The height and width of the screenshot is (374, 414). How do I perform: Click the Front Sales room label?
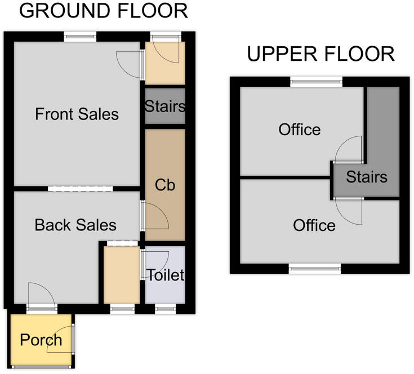[x=77, y=114]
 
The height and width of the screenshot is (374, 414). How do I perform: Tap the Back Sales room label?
[x=75, y=225]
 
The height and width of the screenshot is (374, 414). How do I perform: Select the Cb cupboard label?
[x=165, y=185]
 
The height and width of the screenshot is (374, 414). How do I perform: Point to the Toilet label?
[x=166, y=275]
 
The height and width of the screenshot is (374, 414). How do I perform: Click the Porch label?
[x=41, y=340]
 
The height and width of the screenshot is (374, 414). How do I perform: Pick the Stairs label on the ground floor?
[x=165, y=106]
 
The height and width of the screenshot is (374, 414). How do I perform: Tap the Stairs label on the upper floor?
[x=367, y=176]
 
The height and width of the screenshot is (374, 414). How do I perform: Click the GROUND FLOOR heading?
[x=104, y=11]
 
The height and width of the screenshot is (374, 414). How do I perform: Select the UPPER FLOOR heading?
[x=321, y=54]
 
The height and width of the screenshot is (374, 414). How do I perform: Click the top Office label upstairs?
[x=300, y=130]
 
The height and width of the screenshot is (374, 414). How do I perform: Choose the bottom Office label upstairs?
[x=314, y=225]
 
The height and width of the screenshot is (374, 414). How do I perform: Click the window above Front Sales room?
[x=80, y=37]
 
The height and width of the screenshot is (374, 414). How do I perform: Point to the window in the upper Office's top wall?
[x=317, y=82]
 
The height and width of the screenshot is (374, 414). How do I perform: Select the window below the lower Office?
[x=315, y=269]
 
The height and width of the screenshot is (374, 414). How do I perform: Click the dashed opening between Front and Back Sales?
[x=80, y=189]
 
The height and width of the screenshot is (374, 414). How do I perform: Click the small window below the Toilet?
[x=165, y=309]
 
